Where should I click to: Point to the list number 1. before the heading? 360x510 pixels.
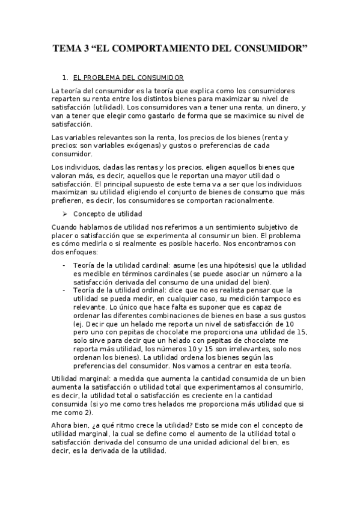point(66,78)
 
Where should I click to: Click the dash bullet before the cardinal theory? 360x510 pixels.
point(64,265)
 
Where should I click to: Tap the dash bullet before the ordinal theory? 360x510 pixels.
point(64,290)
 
